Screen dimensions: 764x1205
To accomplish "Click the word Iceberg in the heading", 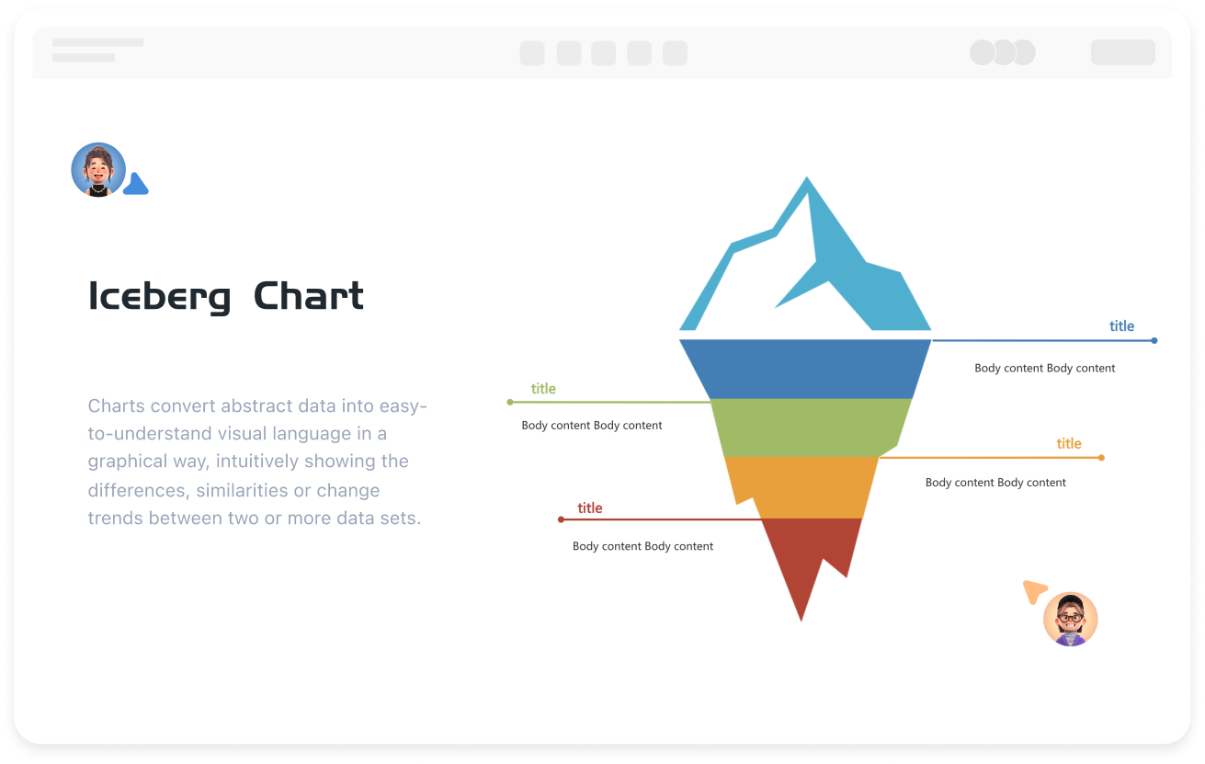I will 159,297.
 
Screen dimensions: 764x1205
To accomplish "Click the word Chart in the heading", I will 309,296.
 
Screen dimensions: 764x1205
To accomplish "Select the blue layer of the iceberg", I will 805,369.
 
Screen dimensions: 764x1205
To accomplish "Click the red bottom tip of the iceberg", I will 805,561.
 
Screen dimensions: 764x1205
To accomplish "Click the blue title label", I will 1121,326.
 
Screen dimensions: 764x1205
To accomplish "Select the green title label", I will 543,389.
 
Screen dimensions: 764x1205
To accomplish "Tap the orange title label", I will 1069,444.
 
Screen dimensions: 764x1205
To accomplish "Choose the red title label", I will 590,508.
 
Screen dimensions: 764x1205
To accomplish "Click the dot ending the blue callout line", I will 1154,340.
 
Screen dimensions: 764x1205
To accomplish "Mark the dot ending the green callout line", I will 510,402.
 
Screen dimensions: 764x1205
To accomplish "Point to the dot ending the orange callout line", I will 1101,457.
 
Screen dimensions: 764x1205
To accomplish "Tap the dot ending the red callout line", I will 561,519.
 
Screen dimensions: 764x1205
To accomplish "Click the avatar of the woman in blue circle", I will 98,170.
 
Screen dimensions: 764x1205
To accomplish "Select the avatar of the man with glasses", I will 1071,619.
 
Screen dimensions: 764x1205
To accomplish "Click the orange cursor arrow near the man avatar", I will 1034,590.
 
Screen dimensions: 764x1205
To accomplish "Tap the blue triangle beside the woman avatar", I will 136,185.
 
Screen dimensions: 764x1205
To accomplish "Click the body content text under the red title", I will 642,546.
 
